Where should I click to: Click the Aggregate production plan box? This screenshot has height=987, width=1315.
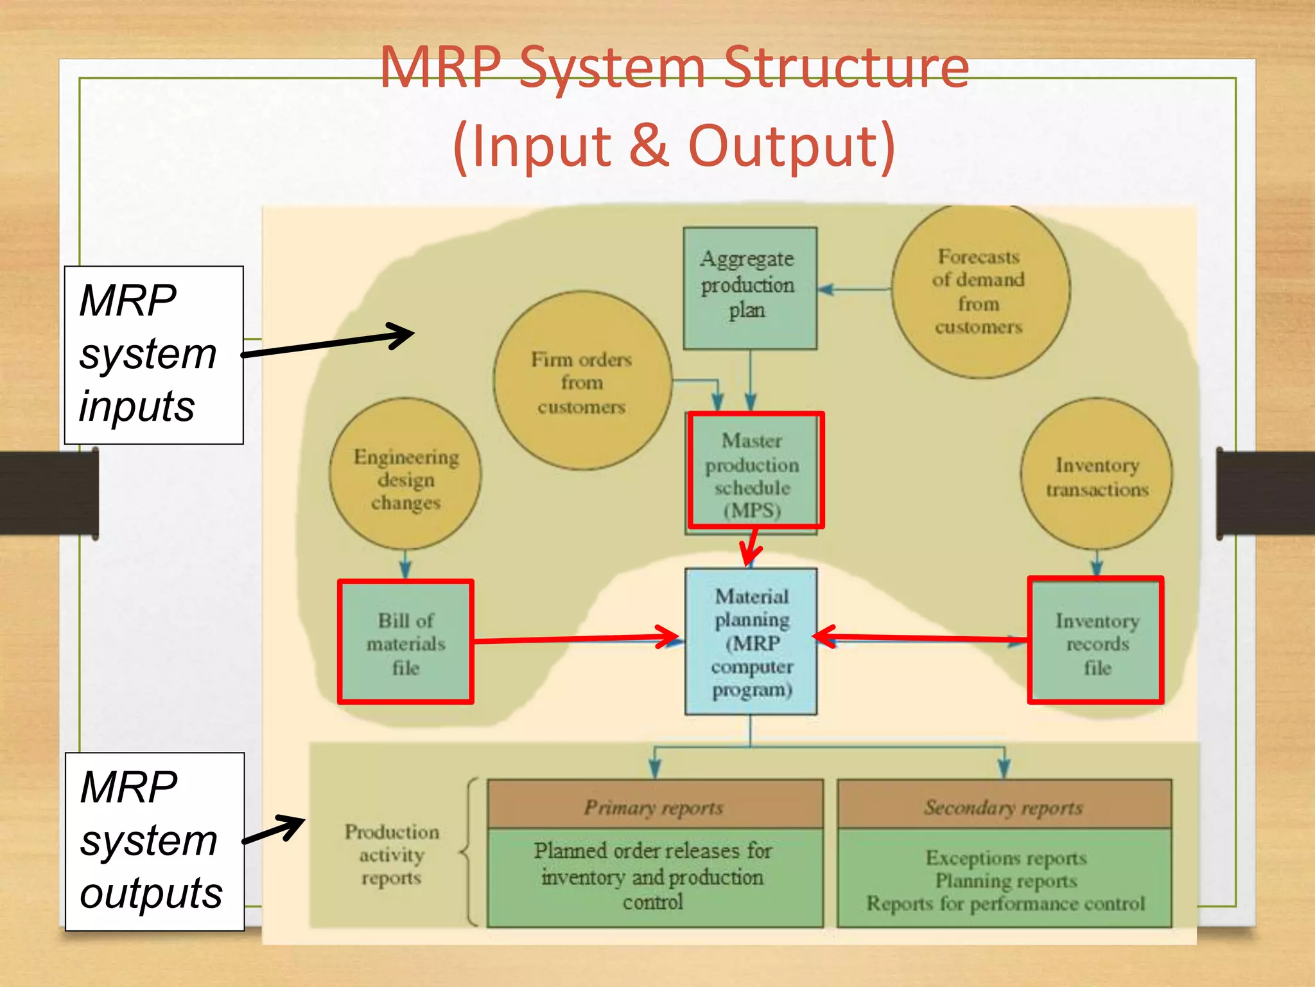[749, 288]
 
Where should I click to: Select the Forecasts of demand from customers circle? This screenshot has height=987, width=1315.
[980, 291]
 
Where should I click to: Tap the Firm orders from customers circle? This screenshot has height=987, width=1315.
[582, 382]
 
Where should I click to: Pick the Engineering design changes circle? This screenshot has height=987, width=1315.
[405, 476]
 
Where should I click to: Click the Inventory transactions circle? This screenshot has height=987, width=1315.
[1097, 476]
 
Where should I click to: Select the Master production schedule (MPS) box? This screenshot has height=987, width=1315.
[755, 472]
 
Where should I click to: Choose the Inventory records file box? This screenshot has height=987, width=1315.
[1096, 641]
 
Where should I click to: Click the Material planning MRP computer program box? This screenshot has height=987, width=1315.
[751, 641]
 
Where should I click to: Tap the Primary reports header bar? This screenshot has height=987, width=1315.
[654, 806]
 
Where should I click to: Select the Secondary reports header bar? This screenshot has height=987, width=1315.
[1004, 806]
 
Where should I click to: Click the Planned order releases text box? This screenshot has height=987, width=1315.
[654, 876]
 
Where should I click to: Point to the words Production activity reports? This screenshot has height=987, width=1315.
[392, 855]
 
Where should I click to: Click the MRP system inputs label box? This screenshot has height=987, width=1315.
[154, 355]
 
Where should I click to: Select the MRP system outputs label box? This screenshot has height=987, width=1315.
[154, 841]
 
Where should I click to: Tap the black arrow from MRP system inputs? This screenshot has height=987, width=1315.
[327, 343]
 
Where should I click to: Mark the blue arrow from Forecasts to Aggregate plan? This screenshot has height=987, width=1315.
[854, 289]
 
